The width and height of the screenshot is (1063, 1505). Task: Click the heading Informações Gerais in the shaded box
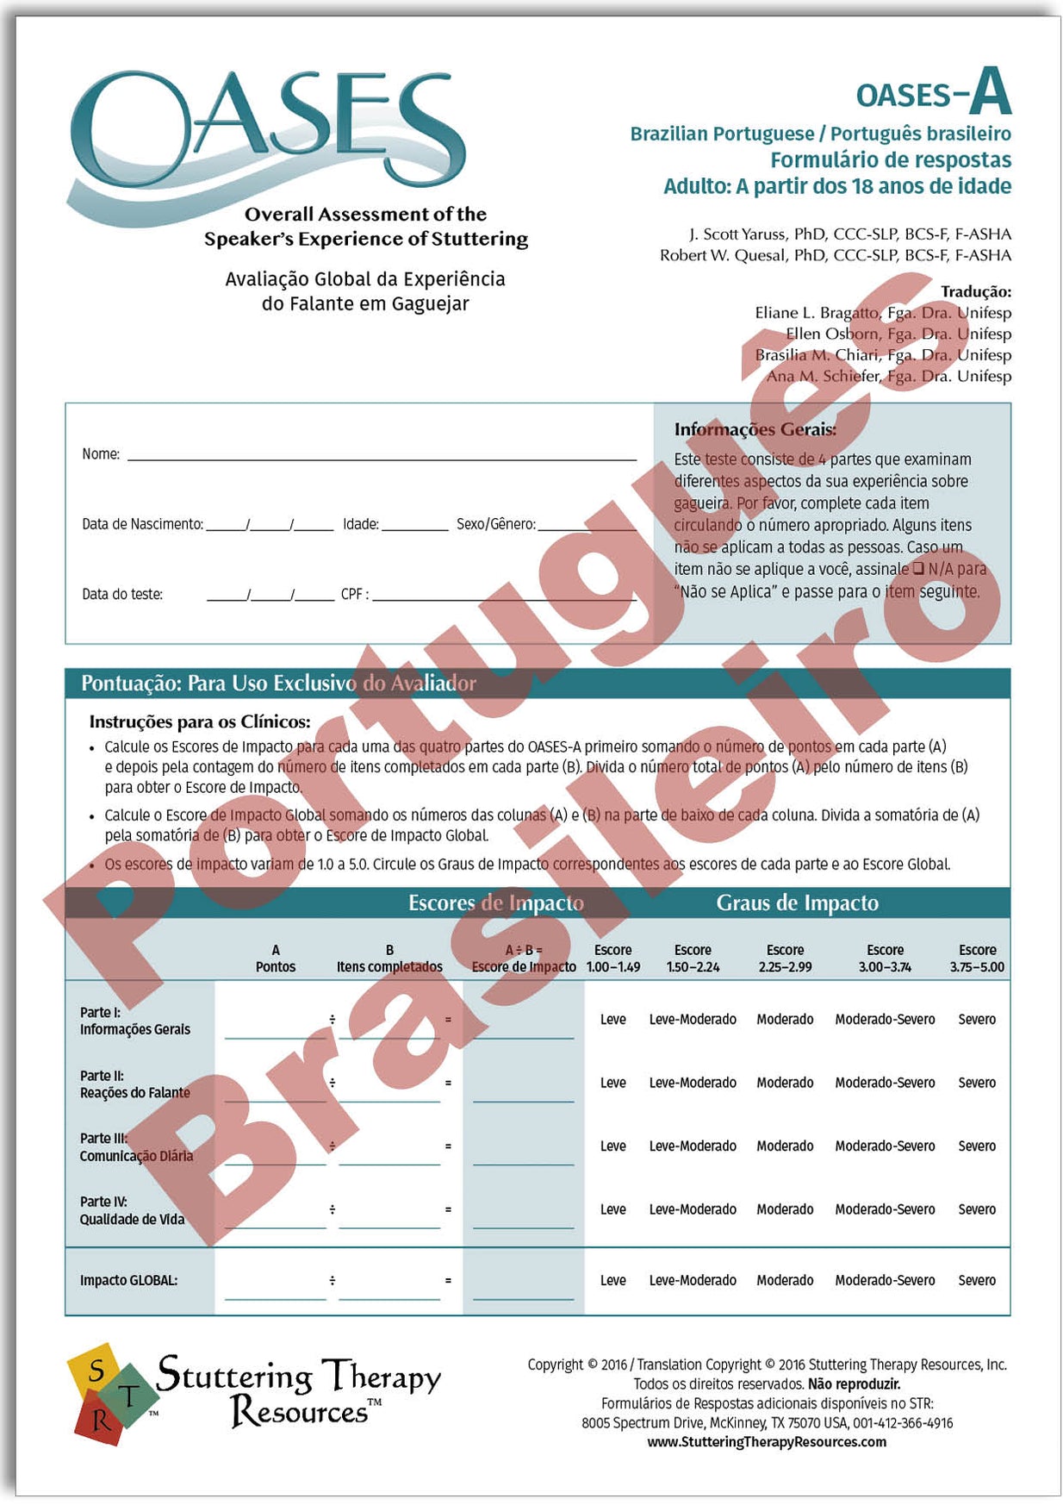755,429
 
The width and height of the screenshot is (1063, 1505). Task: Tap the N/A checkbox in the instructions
918,569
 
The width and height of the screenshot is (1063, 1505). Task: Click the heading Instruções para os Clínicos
200,721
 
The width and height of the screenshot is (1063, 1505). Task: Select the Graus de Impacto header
797,902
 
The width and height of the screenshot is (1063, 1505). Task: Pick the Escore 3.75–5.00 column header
977,959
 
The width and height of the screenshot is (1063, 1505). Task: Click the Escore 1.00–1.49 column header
612,959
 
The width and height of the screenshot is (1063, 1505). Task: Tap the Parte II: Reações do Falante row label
134,1084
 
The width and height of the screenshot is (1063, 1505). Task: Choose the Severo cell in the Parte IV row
977,1209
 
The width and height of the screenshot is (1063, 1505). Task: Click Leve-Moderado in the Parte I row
693,1020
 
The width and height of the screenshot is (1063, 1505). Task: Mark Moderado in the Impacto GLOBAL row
785,1281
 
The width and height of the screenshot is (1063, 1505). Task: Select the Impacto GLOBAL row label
128,1281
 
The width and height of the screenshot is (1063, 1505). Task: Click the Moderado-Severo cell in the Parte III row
885,1146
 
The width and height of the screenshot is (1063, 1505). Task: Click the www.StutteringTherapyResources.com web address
767,1442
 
